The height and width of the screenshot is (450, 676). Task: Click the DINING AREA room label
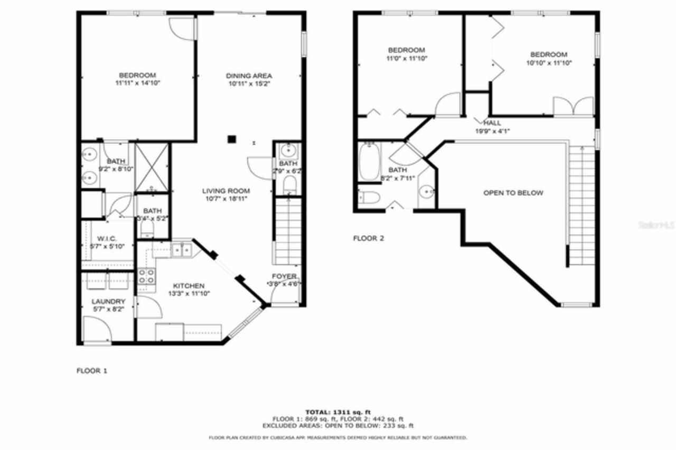click(x=249, y=76)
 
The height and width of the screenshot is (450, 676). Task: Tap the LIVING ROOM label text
click(x=226, y=191)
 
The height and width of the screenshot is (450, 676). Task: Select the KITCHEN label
click(x=185, y=286)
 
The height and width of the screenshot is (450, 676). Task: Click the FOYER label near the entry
click(x=284, y=277)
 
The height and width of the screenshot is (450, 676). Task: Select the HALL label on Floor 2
click(x=492, y=123)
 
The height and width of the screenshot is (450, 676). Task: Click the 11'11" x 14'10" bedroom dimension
click(x=137, y=83)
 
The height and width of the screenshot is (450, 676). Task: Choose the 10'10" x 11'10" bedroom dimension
click(x=549, y=63)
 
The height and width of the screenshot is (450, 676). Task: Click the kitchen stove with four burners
click(x=146, y=276)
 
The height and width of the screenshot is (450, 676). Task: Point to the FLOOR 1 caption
click(x=92, y=371)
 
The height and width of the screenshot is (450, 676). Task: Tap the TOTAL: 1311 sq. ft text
click(x=338, y=412)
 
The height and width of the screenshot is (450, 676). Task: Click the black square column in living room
click(x=231, y=139)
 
